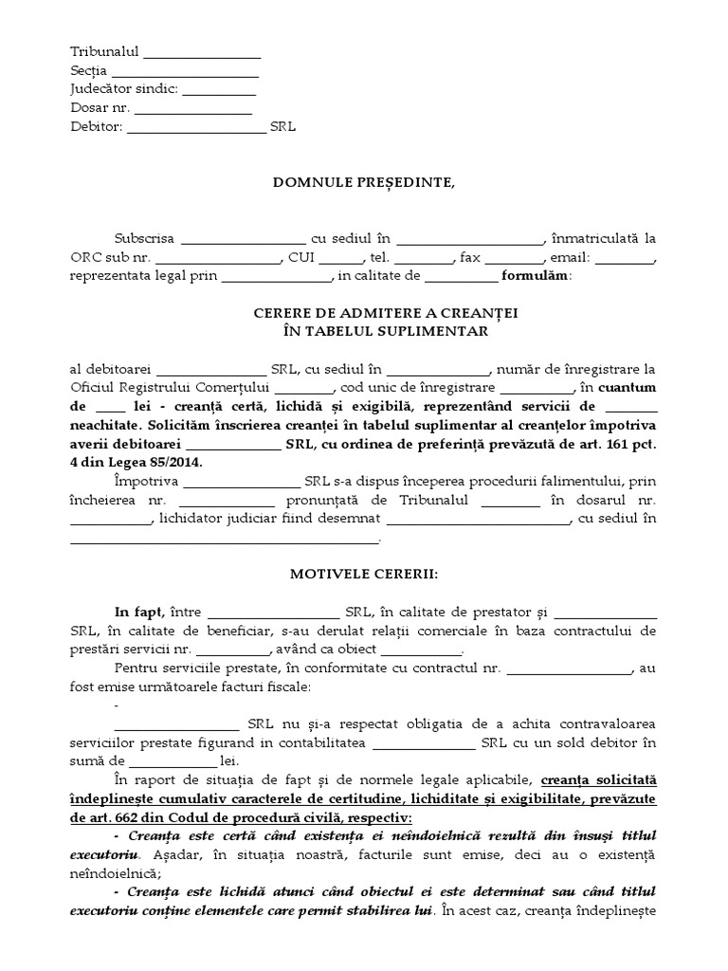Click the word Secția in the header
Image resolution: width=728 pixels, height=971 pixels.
89,70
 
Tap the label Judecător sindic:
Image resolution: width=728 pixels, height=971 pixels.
123,89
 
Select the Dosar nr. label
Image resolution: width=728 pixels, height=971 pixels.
100,107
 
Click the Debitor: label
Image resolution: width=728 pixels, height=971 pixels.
97,125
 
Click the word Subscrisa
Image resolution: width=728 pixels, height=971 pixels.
144,239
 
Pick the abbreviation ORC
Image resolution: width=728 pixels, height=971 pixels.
86,257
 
